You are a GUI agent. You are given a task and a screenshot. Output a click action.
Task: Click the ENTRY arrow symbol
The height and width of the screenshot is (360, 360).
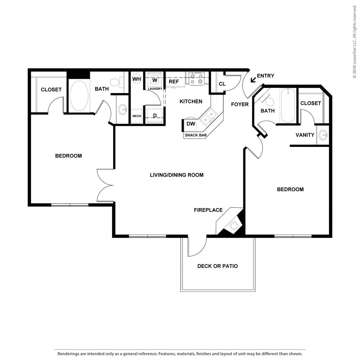253,80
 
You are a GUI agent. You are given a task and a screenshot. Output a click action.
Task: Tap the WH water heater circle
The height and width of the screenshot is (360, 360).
136,79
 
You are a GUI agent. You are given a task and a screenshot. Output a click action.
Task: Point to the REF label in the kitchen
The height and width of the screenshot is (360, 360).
174,82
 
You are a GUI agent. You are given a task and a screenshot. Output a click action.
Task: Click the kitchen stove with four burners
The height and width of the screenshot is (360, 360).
197,79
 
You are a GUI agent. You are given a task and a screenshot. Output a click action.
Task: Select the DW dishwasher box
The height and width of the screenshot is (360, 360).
191,124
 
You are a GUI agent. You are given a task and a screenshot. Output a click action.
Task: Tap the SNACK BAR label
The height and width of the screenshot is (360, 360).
196,135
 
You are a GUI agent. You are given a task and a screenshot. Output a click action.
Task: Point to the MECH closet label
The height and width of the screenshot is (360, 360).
136,116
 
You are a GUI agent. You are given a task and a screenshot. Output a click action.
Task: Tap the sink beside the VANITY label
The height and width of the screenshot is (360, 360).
323,135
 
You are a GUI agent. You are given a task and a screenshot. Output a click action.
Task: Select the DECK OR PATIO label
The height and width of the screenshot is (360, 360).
217,266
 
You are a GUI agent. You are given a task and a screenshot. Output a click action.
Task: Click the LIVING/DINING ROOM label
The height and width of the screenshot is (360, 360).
176,175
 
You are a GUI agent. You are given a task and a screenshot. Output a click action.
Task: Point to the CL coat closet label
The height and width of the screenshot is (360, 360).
222,84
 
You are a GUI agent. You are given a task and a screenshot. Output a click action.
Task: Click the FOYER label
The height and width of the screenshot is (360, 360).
240,104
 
